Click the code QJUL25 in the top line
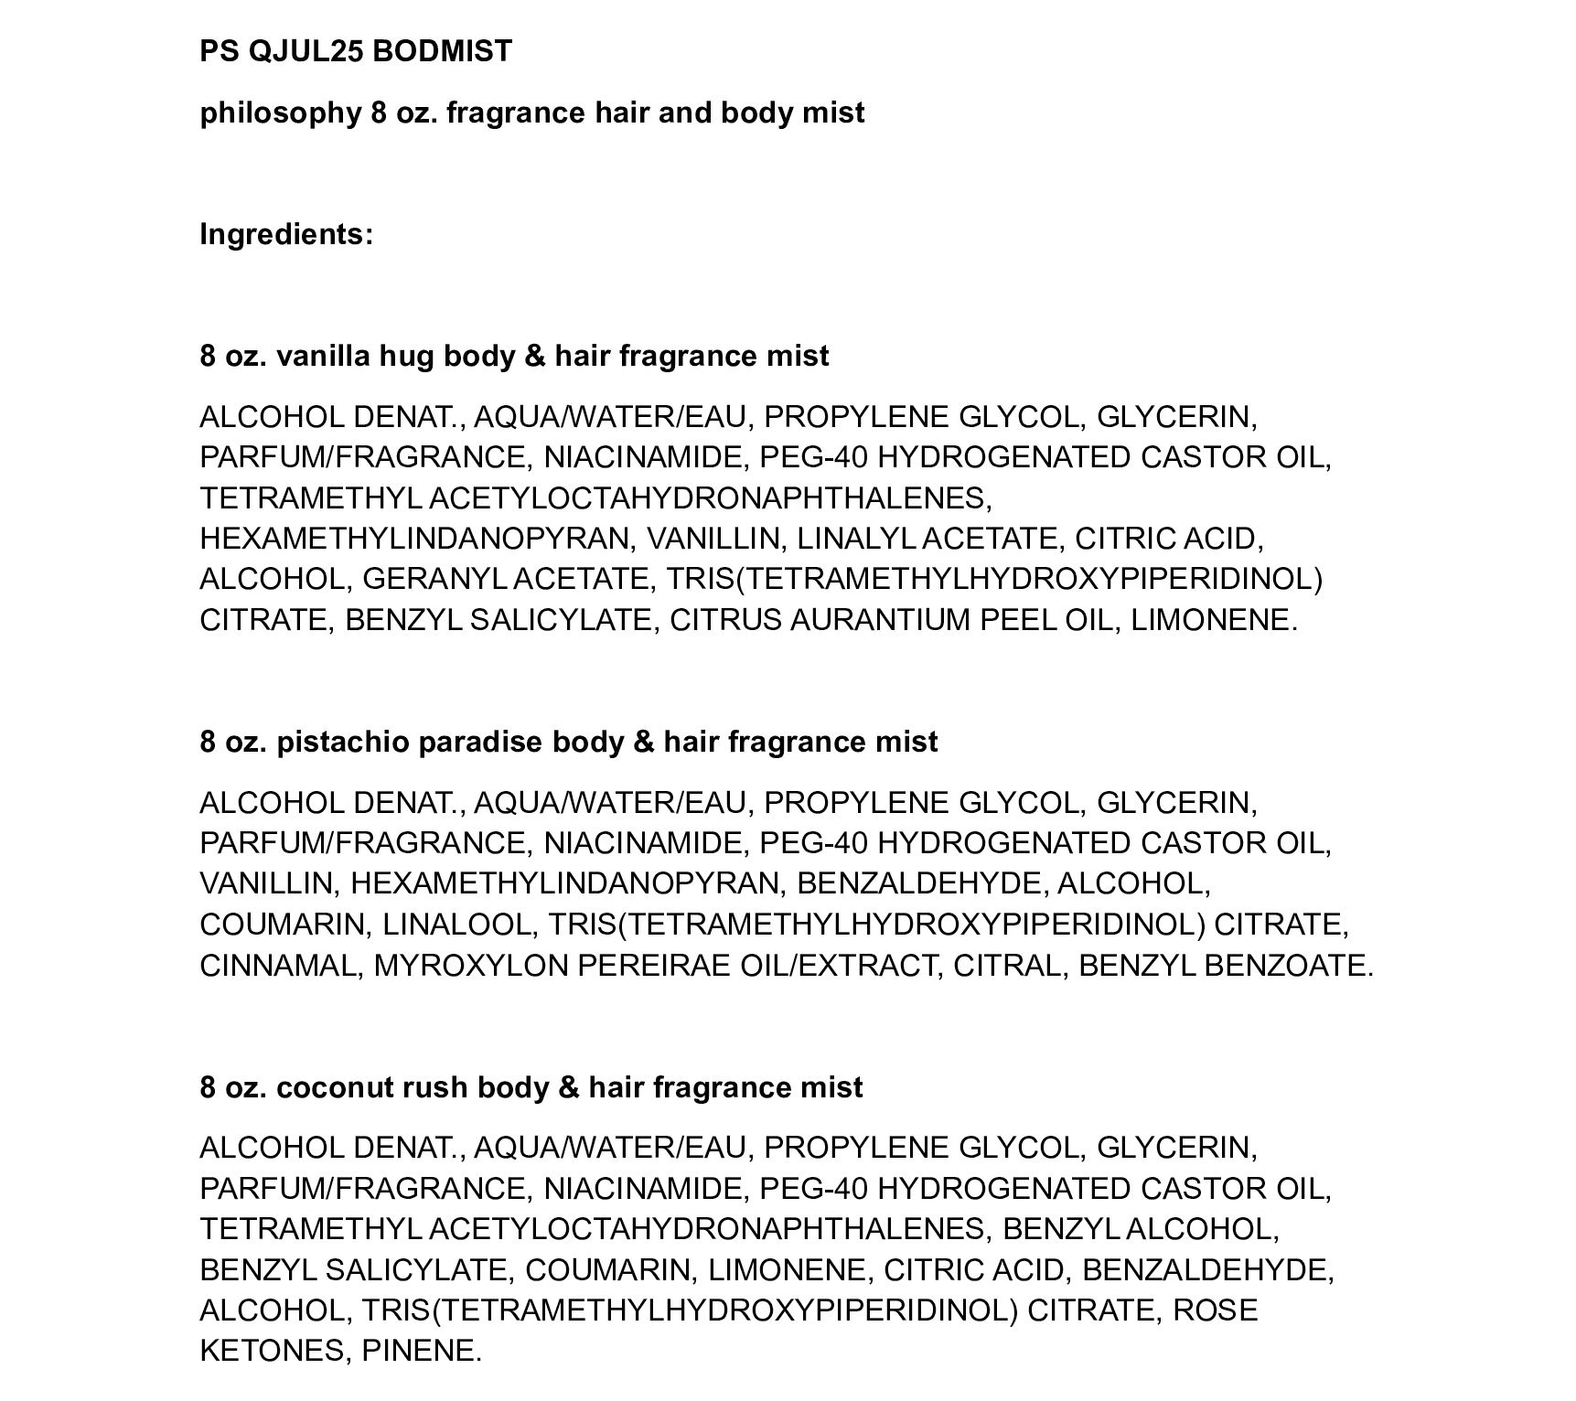click(306, 51)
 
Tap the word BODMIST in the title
click(443, 51)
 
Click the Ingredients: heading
click(286, 234)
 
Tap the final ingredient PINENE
click(421, 1351)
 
